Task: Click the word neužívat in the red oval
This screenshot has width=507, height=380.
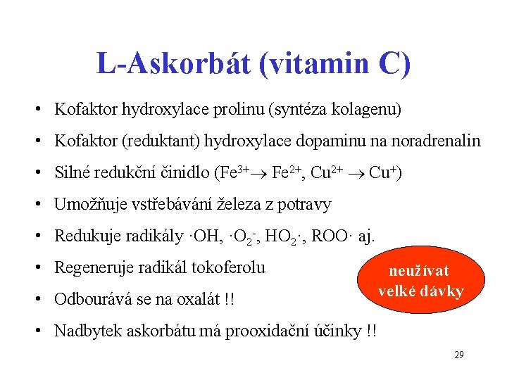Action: [x=420, y=272]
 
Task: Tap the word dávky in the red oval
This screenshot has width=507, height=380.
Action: [x=442, y=291]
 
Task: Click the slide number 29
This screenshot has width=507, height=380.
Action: [x=458, y=355]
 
